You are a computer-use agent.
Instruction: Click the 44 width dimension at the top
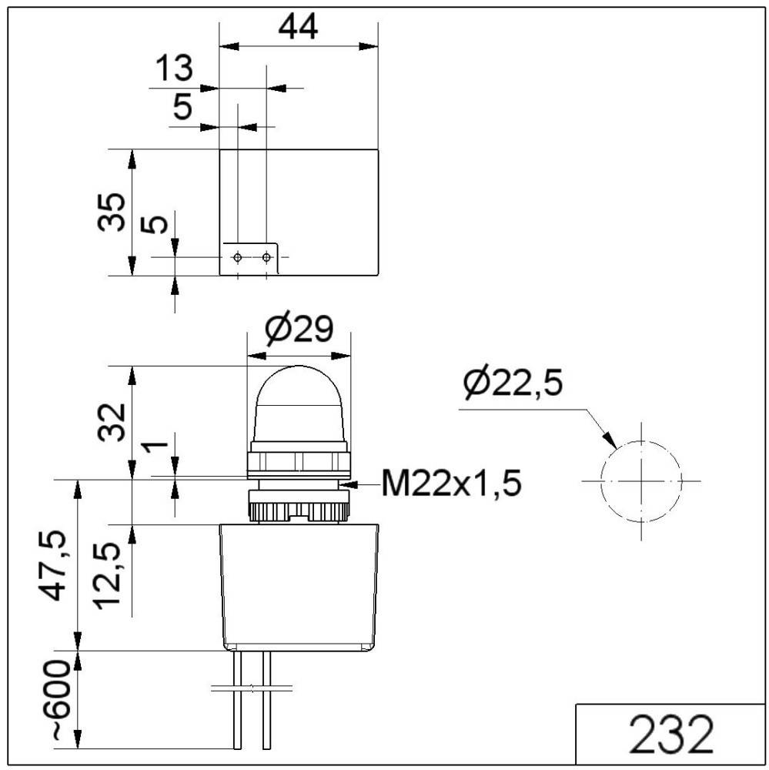click(x=298, y=28)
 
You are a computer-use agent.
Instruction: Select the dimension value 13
click(x=173, y=69)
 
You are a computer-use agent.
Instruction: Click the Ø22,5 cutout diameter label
click(x=513, y=383)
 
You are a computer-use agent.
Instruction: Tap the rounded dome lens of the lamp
click(x=299, y=404)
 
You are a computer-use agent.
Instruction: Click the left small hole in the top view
click(x=238, y=256)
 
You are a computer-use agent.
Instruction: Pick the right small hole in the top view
click(x=266, y=256)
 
